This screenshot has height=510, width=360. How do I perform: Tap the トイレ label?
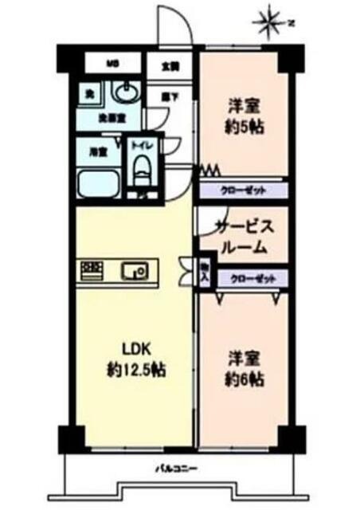144,146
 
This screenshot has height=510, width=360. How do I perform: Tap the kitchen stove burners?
92,271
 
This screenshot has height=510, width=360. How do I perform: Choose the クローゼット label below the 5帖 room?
242,190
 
